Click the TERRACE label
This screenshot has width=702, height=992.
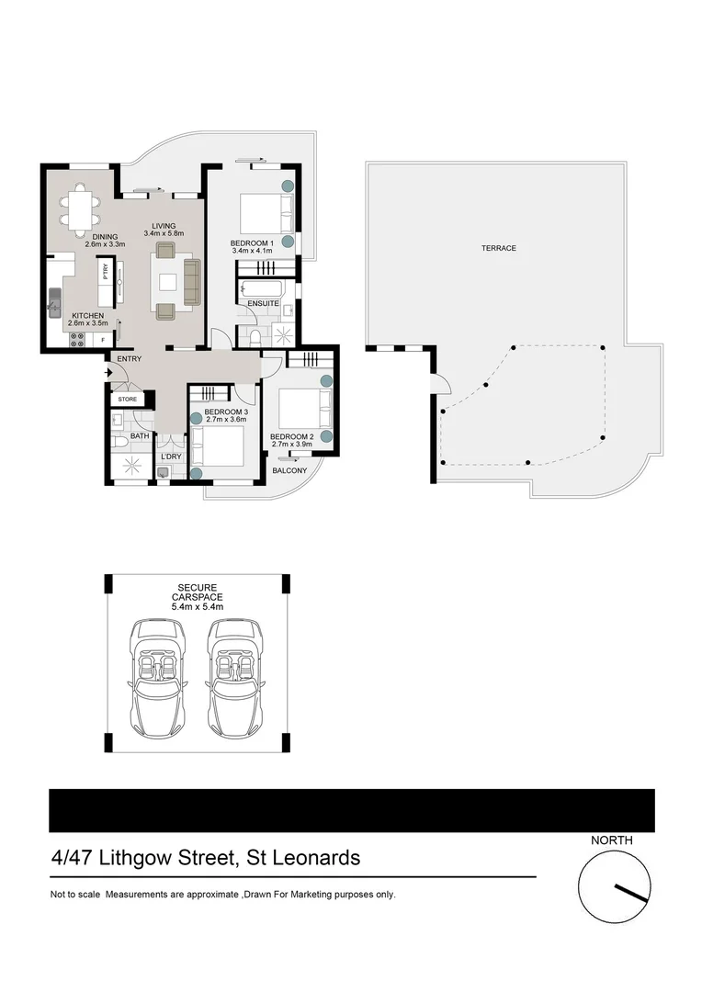[499, 248]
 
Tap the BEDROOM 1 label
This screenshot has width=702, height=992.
[249, 243]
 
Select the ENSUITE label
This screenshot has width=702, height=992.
[263, 302]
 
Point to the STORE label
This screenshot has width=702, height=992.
[127, 400]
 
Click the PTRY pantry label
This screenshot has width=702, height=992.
[106, 273]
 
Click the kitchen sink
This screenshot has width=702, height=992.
[54, 300]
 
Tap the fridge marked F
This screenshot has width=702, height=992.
[102, 340]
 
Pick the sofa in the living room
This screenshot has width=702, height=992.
[192, 282]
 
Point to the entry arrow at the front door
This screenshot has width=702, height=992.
[109, 373]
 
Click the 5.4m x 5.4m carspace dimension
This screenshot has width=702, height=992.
[197, 606]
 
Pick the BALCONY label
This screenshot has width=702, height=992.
[289, 471]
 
